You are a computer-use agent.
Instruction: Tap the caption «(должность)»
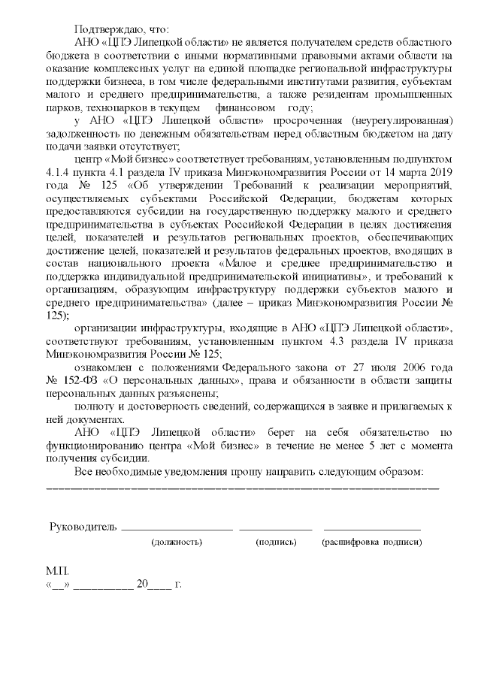pos(177,542)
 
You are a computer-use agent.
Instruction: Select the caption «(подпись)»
pos(276,542)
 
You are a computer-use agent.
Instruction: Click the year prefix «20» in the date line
pos(141,583)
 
